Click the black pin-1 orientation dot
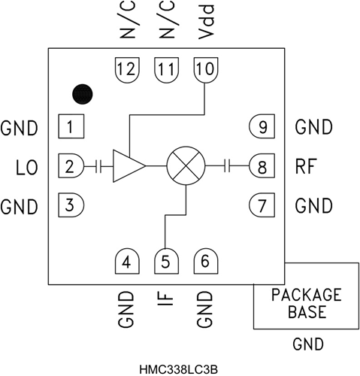click(x=82, y=94)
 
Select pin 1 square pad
click(x=70, y=126)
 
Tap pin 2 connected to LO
click(x=70, y=166)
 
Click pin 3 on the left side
click(x=70, y=205)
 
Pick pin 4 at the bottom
click(x=126, y=262)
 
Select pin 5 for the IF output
click(x=165, y=262)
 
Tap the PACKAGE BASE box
click(x=306, y=302)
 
